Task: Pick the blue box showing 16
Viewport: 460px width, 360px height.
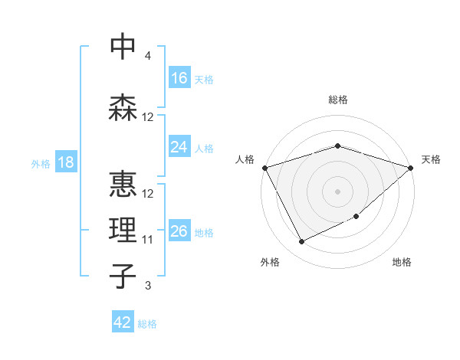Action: [179, 78]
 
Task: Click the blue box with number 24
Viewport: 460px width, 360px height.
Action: [179, 147]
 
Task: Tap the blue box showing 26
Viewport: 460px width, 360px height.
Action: [179, 231]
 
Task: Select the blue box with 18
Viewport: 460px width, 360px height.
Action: [65, 162]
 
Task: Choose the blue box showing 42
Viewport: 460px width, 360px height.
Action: [123, 322]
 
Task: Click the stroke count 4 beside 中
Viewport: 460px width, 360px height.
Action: [147, 56]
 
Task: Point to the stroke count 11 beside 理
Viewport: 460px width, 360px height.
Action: [148, 240]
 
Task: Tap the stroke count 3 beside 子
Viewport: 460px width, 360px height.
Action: [147, 286]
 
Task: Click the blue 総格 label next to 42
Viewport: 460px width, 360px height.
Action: [147, 324]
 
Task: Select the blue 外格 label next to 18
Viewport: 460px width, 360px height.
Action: [41, 163]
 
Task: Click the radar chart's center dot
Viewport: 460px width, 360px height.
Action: [337, 191]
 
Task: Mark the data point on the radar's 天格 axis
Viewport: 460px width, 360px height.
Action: [411, 167]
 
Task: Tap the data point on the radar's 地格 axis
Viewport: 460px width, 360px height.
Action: [357, 218]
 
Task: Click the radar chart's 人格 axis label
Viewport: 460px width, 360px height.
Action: [245, 159]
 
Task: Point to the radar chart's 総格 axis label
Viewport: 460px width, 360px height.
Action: [337, 100]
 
